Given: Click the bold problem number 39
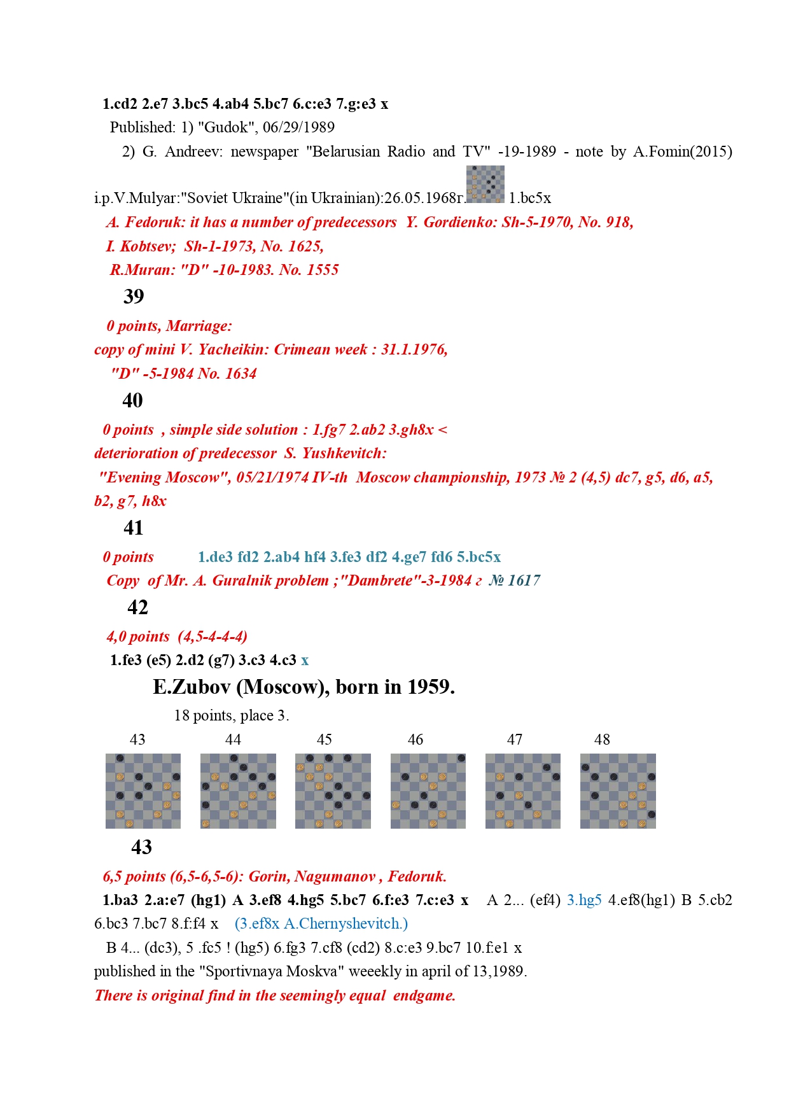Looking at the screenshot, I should pos(134,297).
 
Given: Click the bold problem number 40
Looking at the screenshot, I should pos(132,400).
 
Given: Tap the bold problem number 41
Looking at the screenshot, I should pos(133,528).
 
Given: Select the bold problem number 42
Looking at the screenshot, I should pos(137,607).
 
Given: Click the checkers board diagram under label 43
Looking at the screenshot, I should pos(143,791).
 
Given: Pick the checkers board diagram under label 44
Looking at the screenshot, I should pos(238,791).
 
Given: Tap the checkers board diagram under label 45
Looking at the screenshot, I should pos(333,791).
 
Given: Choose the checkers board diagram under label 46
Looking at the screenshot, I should pos(428,791).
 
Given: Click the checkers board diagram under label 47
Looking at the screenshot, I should pos(523,791).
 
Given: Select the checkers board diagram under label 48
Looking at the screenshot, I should pos(618,791).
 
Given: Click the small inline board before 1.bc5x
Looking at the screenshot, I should pos(485,184).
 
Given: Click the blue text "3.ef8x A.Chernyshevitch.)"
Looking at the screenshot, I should pos(321,924).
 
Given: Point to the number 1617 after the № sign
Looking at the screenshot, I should pos(524,580).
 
